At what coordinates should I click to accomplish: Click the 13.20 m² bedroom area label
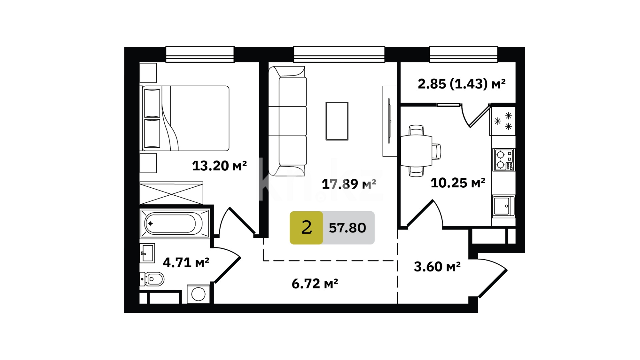(x=219, y=166)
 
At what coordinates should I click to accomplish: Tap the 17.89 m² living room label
(x=349, y=184)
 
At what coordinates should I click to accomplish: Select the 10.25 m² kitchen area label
(x=458, y=183)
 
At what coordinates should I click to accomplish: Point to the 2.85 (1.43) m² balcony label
(x=461, y=84)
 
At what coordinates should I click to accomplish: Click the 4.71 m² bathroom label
(x=186, y=263)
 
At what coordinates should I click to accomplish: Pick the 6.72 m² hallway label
(x=315, y=284)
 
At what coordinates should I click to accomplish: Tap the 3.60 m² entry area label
(x=437, y=267)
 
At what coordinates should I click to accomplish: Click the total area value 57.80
(x=347, y=228)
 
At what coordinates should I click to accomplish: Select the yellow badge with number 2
(x=306, y=228)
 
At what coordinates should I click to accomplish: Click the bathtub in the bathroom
(x=174, y=223)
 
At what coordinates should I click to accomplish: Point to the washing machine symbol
(x=198, y=294)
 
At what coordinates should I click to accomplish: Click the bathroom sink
(x=147, y=253)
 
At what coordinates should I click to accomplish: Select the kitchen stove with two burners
(x=504, y=160)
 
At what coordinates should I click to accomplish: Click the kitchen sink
(x=504, y=206)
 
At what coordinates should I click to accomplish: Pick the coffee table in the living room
(x=337, y=121)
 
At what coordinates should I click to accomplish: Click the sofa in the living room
(x=287, y=121)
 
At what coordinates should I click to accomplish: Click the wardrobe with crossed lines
(x=171, y=193)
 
